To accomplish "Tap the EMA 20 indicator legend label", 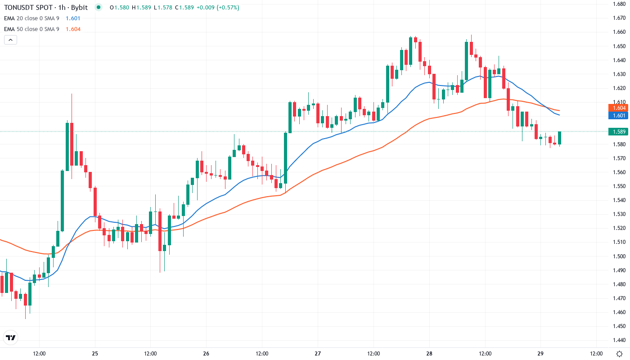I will click(31, 18).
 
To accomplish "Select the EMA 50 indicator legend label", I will click(31, 29).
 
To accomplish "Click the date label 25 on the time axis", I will click(95, 354).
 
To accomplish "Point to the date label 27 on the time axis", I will click(318, 354).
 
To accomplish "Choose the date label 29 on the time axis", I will click(540, 354).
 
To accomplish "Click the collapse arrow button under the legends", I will click(10, 40).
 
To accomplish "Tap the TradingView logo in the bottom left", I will click(10, 337).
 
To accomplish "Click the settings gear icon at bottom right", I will click(619, 354).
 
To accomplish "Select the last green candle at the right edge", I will click(560, 138).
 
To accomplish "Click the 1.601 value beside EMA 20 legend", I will click(73, 18).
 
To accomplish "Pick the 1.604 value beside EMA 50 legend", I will click(73, 29).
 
